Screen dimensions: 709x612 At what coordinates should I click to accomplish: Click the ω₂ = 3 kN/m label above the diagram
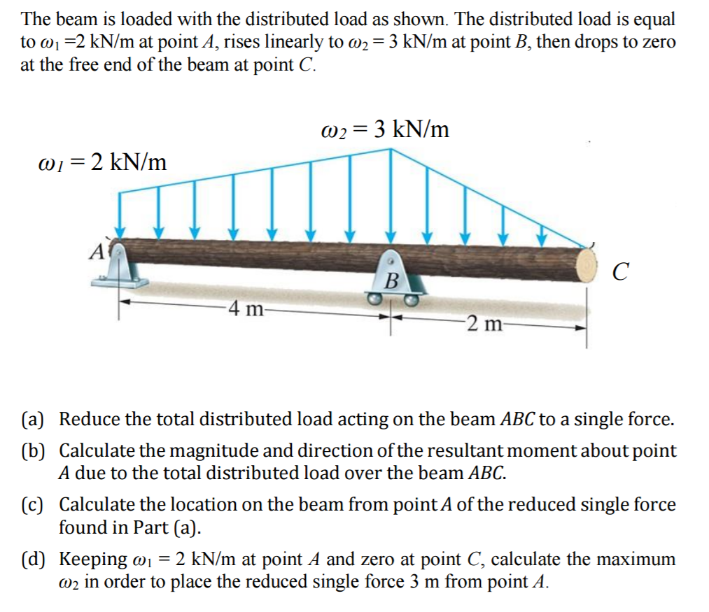coord(384,129)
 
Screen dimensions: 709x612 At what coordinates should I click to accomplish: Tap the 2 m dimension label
coord(483,323)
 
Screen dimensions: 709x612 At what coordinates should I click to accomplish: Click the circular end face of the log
coord(587,266)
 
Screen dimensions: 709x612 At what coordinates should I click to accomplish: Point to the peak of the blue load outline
coord(391,149)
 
